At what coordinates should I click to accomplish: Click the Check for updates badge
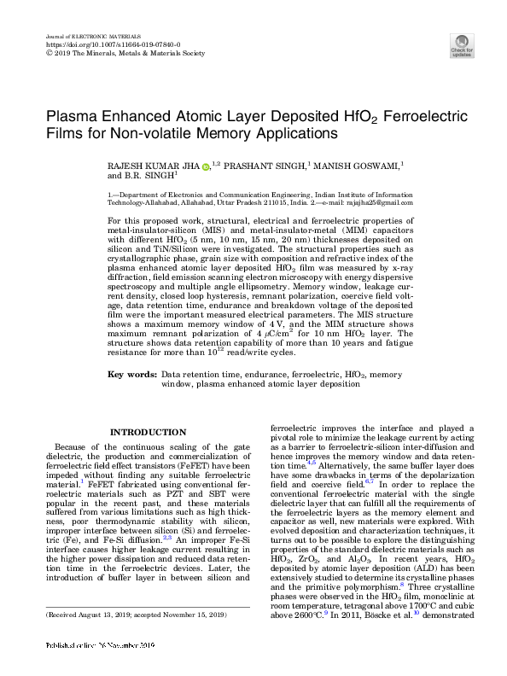click(461, 44)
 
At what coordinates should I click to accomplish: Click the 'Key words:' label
click(131, 374)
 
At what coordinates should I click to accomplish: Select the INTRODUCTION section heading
click(149, 433)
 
